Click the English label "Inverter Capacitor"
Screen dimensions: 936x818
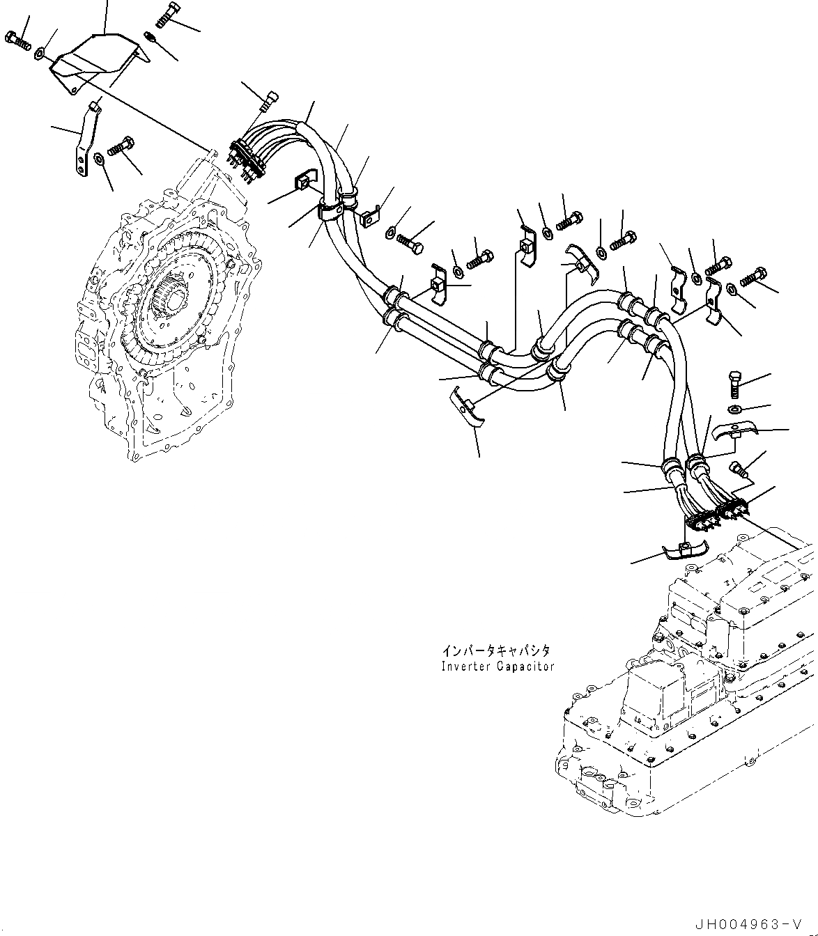[x=497, y=666]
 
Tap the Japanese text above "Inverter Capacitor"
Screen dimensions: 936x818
[x=496, y=650]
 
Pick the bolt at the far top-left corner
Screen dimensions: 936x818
[x=17, y=40]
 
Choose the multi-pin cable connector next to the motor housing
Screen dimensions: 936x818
[x=248, y=159]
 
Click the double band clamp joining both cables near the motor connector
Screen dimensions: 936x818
[x=331, y=208]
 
